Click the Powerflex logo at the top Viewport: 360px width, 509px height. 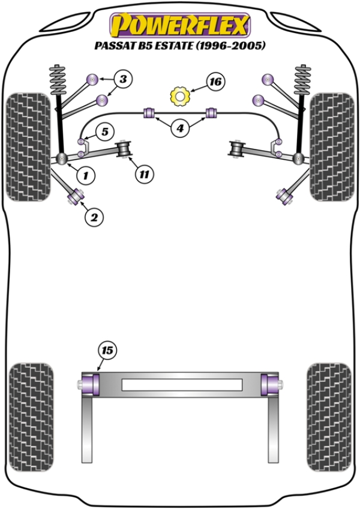tap(179, 25)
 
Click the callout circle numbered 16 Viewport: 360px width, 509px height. tap(214, 81)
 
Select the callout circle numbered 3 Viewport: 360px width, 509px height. tap(122, 79)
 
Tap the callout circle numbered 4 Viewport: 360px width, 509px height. tap(179, 127)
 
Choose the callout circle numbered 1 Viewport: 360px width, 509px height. tap(86, 175)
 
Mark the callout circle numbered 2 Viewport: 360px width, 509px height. tap(93, 217)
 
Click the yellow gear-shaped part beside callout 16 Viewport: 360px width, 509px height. tap(179, 95)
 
